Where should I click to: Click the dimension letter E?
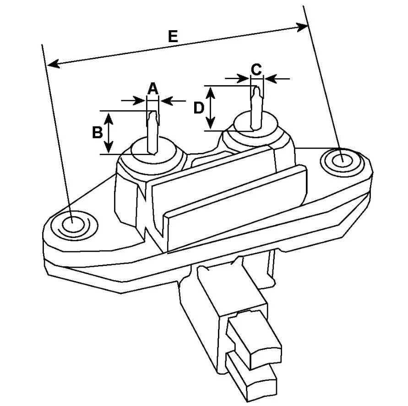[x=173, y=36]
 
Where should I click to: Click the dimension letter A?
[x=153, y=89]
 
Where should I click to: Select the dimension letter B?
[x=98, y=132]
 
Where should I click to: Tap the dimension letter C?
[x=256, y=70]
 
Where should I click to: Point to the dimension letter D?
[x=199, y=108]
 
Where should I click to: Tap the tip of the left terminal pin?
[x=153, y=112]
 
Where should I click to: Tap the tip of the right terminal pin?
[x=257, y=87]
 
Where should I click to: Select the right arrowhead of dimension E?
[x=303, y=27]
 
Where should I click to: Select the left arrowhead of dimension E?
[x=54, y=64]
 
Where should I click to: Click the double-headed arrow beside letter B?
[x=109, y=133]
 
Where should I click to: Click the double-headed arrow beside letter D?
[x=211, y=108]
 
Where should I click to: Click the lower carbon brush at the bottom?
[x=250, y=378]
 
